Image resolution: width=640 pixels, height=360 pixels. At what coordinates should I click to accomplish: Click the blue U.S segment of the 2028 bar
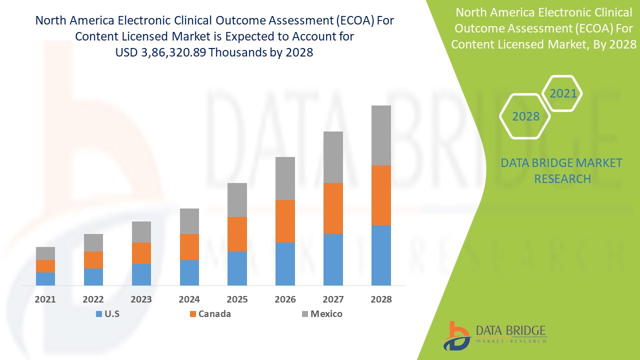[381, 255]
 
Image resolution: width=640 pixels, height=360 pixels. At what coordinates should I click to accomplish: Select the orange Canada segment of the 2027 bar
[333, 208]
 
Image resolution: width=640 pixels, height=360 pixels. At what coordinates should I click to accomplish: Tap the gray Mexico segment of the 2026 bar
[285, 178]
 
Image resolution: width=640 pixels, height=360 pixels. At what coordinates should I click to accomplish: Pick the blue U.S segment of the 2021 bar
[45, 278]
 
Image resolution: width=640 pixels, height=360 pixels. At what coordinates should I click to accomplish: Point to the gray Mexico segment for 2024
[189, 221]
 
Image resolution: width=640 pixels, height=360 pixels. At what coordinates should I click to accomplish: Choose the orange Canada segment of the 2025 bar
[237, 234]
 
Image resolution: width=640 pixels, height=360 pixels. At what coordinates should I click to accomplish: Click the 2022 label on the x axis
[93, 299]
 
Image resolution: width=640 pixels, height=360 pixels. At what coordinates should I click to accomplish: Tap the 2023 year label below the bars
[141, 299]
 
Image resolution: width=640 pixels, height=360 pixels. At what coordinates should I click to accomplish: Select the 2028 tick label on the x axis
[381, 299]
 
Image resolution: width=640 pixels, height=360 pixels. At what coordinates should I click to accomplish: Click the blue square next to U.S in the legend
[97, 314]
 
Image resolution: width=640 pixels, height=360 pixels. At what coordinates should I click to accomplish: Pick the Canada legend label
[214, 314]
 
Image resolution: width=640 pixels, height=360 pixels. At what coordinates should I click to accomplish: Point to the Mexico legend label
[326, 314]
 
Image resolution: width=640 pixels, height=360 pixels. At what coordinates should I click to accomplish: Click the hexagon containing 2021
[562, 93]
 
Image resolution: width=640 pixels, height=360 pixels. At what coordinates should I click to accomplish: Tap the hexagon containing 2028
[525, 116]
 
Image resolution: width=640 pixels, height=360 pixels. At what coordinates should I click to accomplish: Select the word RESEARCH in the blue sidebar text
[562, 178]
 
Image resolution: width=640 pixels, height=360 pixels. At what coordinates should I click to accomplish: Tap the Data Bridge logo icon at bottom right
[457, 335]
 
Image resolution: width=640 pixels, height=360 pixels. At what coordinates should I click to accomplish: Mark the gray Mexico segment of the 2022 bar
[93, 242]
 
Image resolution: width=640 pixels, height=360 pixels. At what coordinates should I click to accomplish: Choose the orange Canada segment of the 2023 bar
[141, 253]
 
